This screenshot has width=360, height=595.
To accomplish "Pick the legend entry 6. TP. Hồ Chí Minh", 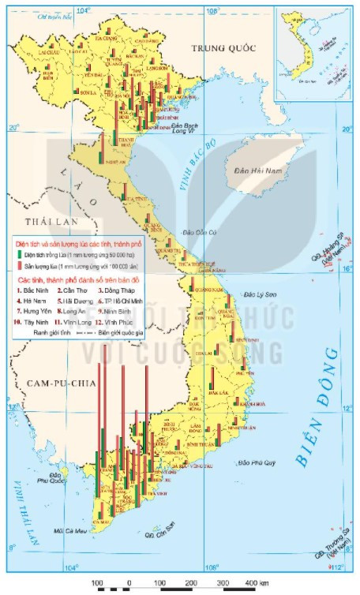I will pos(118,300).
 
